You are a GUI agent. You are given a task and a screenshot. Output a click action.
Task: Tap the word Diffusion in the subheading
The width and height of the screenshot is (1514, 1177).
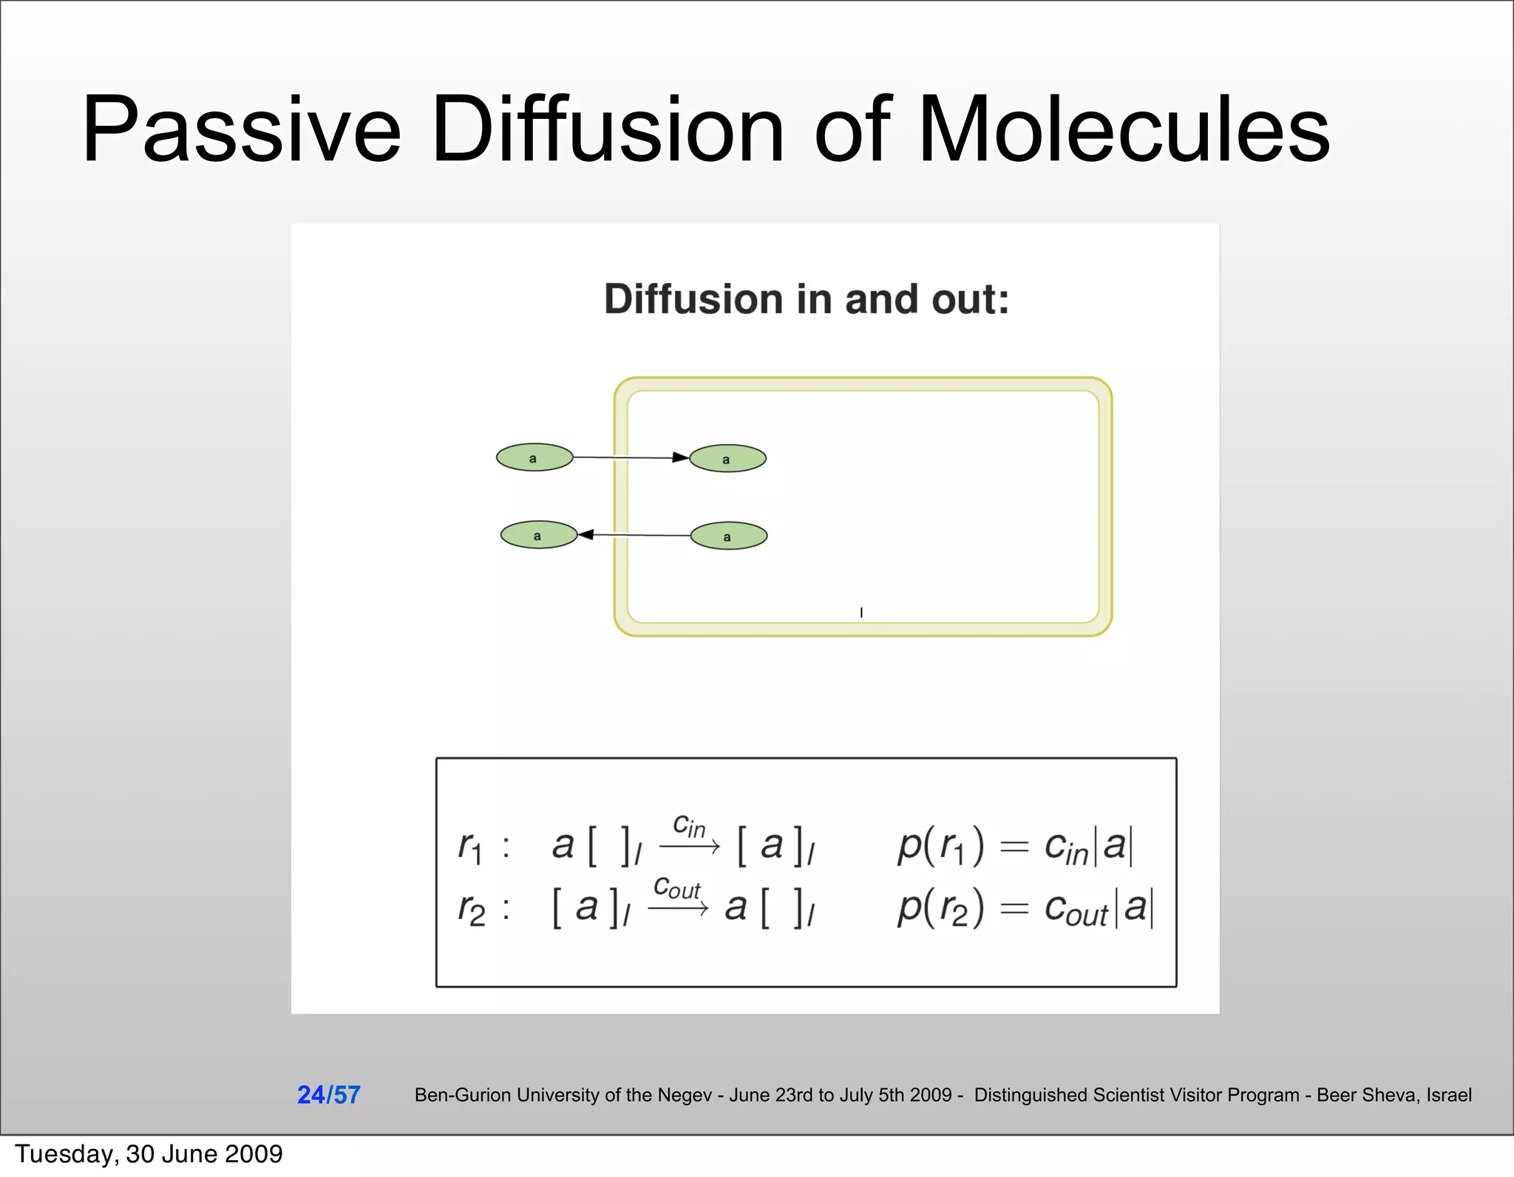[x=693, y=299]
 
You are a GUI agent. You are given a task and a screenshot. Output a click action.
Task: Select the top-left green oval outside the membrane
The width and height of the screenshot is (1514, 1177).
[x=534, y=458]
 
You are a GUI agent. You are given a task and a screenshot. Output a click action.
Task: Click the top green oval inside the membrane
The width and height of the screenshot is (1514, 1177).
[x=727, y=459]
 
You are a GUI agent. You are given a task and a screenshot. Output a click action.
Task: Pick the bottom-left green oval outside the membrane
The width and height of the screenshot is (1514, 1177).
[x=538, y=535]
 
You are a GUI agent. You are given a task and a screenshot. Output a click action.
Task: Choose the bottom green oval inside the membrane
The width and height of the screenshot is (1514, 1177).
[x=728, y=536]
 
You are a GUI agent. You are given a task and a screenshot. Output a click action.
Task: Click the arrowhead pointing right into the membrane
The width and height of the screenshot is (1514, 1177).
[x=680, y=458]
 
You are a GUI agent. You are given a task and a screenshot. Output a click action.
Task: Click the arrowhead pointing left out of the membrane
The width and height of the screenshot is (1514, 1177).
[x=586, y=534]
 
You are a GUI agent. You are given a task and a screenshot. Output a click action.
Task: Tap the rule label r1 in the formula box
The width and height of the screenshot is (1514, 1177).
[x=470, y=846]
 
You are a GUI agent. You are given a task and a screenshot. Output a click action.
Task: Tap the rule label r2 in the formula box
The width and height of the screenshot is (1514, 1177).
[x=471, y=909]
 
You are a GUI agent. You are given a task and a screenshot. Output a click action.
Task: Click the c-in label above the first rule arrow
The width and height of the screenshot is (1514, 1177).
[x=688, y=825]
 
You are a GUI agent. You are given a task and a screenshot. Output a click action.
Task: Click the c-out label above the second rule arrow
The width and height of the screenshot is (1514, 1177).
[x=676, y=887]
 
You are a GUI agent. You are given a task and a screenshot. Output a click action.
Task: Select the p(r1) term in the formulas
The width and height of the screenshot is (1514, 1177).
[x=940, y=846]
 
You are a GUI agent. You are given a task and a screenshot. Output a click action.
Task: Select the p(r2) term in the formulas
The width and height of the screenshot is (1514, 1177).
[x=940, y=909]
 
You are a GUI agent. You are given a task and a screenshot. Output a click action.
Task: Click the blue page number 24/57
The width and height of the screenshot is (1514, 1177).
[x=328, y=1094]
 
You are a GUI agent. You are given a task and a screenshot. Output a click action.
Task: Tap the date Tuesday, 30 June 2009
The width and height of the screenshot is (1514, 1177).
[x=149, y=1154]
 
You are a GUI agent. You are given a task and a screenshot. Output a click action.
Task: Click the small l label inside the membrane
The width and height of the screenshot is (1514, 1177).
[x=861, y=613]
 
